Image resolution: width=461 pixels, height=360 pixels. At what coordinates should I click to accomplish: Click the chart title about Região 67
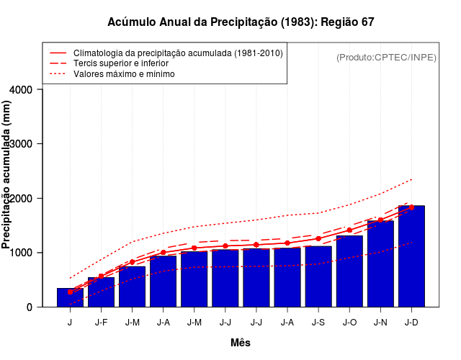(x=241, y=22)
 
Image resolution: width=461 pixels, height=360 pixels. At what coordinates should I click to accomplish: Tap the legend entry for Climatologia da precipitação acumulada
(x=178, y=53)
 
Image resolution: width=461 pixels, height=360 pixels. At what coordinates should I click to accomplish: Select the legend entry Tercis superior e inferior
(x=130, y=63)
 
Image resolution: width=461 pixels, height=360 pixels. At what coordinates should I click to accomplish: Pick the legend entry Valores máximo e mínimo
(x=124, y=73)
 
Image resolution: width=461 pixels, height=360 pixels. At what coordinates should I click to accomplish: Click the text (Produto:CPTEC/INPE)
(x=386, y=57)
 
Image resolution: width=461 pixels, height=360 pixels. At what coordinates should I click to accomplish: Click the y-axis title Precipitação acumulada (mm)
(x=7, y=184)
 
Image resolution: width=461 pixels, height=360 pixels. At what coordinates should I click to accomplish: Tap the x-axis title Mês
(x=241, y=343)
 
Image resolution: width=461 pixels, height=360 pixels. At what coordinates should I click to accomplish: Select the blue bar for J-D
(x=411, y=256)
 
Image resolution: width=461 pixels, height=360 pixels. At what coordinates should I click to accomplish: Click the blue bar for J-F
(x=101, y=292)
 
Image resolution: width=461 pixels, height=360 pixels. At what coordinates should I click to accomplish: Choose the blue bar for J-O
(x=349, y=271)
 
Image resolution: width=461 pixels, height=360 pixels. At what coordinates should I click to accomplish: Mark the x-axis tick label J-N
(x=380, y=323)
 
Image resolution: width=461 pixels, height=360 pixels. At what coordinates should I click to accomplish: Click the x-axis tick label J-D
(x=411, y=323)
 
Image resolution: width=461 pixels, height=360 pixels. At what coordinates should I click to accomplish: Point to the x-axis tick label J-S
(x=318, y=323)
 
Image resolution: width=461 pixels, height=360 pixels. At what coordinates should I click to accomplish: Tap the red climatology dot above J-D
(x=411, y=207)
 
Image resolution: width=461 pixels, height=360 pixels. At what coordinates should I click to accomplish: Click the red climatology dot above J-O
(x=349, y=230)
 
